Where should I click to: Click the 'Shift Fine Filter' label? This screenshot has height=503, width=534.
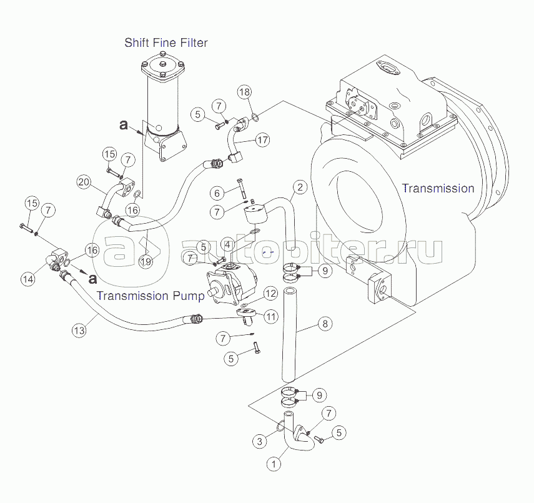(166, 43)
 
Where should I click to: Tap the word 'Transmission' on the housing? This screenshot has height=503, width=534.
(438, 188)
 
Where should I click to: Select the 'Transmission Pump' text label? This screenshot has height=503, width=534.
(151, 296)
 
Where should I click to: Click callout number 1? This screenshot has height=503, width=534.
(273, 464)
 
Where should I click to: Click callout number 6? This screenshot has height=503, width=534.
(217, 192)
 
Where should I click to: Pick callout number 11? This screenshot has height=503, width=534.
(270, 317)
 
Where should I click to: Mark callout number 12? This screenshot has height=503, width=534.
(270, 294)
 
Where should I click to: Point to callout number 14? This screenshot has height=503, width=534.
(27, 279)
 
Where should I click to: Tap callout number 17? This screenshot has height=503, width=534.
(262, 140)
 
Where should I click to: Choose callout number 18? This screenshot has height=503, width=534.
(244, 92)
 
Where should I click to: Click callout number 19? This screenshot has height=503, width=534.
(146, 262)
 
